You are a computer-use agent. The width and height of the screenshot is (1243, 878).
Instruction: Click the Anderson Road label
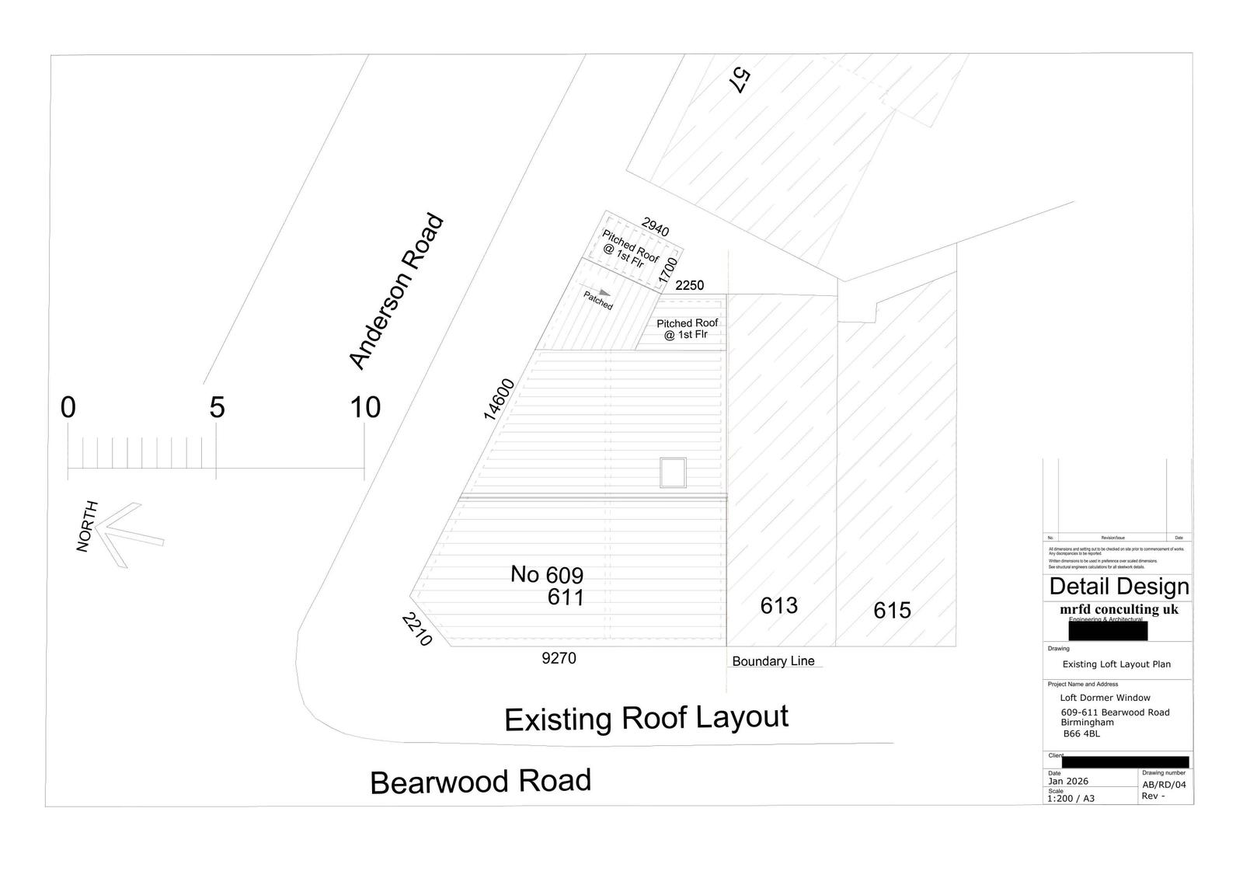[x=396, y=291]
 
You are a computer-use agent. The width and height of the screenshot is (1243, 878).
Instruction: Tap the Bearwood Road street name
[x=480, y=781]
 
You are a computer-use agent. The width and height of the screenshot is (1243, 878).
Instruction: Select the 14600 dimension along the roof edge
[x=499, y=399]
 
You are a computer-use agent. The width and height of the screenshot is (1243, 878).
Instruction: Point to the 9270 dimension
[x=559, y=659]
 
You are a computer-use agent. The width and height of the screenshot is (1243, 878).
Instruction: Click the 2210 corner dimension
[x=416, y=629]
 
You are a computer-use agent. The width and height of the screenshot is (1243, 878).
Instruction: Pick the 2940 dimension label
[x=655, y=228]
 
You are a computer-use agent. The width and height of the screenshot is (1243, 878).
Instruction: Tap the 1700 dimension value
[x=667, y=270]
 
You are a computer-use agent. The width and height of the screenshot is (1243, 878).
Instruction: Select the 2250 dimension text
[x=689, y=285]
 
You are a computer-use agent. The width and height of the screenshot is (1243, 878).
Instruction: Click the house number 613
[x=778, y=605]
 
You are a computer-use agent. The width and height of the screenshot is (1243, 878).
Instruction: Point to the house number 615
[x=892, y=611]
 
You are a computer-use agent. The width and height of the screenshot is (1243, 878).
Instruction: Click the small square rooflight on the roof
[x=673, y=472]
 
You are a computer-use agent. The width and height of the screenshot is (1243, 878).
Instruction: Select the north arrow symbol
[x=124, y=533]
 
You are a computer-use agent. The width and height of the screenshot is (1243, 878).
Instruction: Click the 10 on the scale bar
[x=365, y=407]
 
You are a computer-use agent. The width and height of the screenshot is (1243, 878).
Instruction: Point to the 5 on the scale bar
[x=217, y=407]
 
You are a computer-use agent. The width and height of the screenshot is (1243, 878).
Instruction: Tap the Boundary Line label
[x=773, y=661]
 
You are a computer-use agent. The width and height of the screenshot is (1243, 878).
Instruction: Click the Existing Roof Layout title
[x=646, y=717]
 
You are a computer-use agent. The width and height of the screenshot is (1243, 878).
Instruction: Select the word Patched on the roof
[x=598, y=301]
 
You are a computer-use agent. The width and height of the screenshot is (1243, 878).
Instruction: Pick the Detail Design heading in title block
[x=1119, y=587]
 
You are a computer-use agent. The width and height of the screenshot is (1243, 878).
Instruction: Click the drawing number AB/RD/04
[x=1164, y=785]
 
